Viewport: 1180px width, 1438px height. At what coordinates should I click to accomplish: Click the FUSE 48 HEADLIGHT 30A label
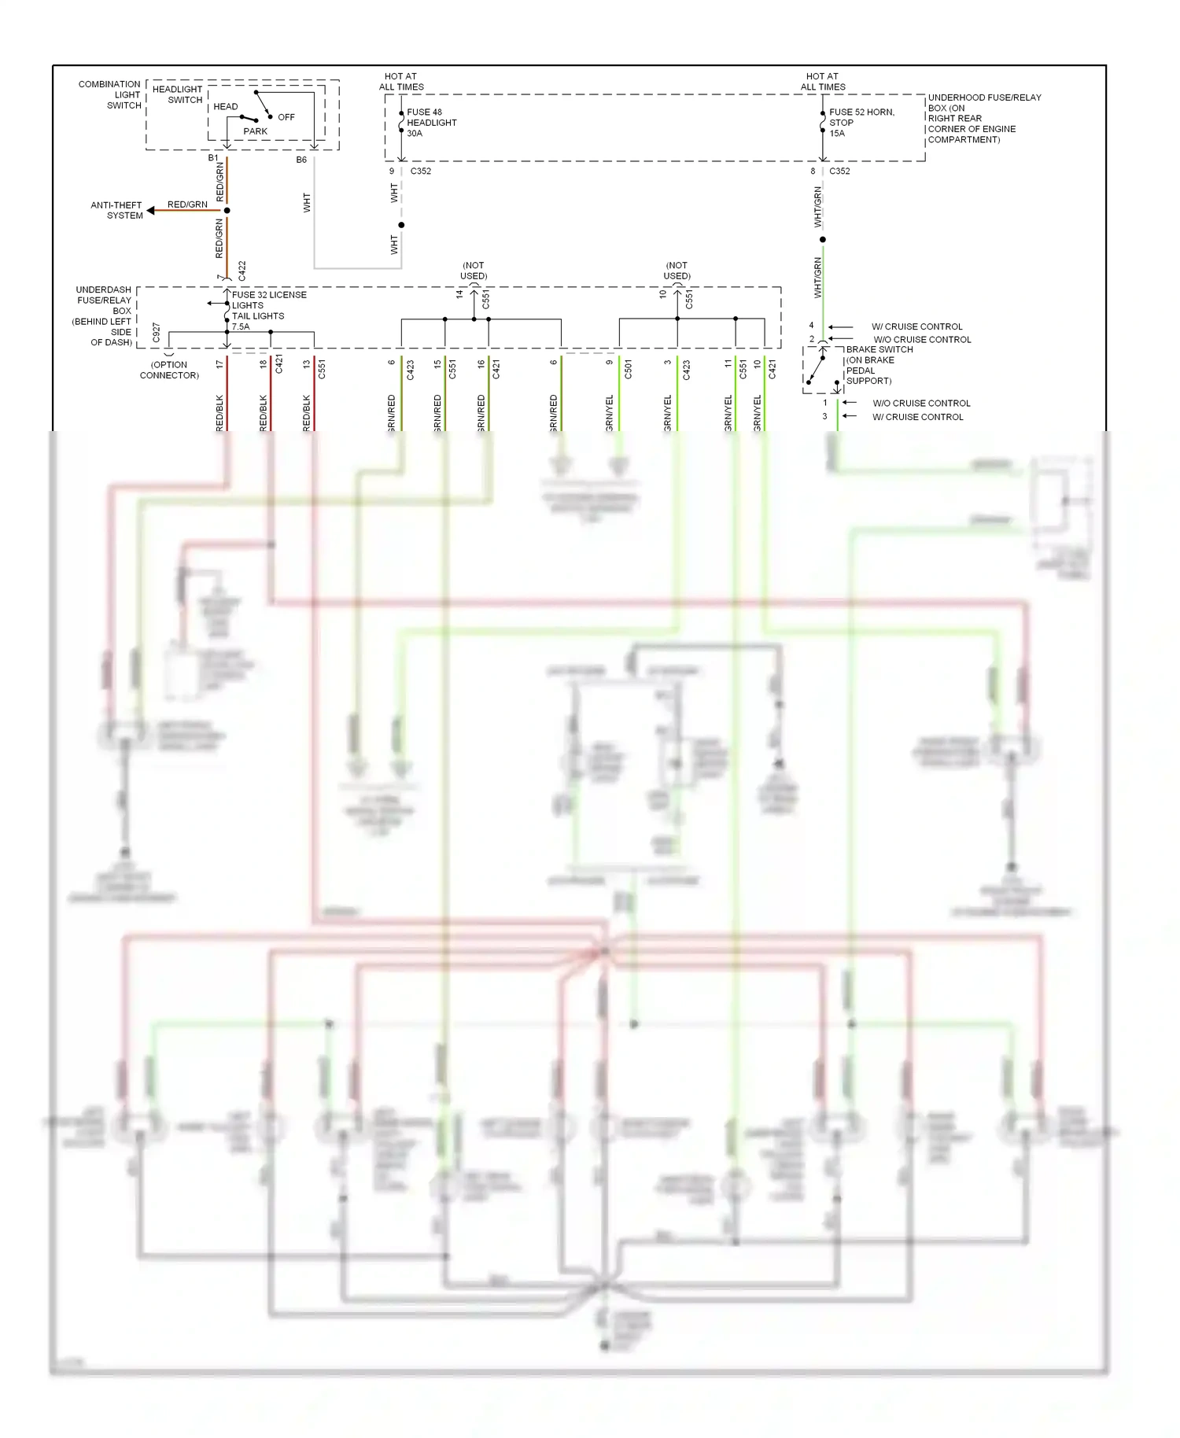431,123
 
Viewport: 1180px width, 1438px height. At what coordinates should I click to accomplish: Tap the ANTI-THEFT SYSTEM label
116,210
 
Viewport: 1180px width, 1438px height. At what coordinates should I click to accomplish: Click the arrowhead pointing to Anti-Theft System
151,211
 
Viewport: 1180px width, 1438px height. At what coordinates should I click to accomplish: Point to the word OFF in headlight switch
286,117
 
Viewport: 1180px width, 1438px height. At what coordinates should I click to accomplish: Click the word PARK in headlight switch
255,131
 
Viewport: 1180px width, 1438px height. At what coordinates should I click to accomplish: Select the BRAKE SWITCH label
879,349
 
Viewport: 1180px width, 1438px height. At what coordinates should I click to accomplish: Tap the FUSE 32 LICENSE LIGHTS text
268,300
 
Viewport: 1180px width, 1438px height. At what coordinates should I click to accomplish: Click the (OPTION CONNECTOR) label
169,370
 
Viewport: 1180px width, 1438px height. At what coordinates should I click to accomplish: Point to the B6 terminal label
301,160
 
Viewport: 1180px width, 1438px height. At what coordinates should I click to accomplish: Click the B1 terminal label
213,158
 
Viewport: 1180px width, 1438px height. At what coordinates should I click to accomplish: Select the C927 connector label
157,333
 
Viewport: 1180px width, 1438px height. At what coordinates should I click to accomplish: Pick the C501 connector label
628,370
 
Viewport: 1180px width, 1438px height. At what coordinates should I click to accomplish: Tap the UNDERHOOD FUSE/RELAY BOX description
983,119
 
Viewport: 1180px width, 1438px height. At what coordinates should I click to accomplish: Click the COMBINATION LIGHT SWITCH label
109,94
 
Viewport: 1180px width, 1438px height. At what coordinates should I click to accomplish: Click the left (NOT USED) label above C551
474,271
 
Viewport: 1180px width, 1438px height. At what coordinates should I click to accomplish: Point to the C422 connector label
242,271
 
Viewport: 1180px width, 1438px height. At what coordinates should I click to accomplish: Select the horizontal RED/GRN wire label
187,205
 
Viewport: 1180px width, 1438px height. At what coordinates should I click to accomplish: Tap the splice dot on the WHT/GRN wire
823,239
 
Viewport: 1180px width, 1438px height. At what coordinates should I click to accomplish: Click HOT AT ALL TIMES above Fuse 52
823,82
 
